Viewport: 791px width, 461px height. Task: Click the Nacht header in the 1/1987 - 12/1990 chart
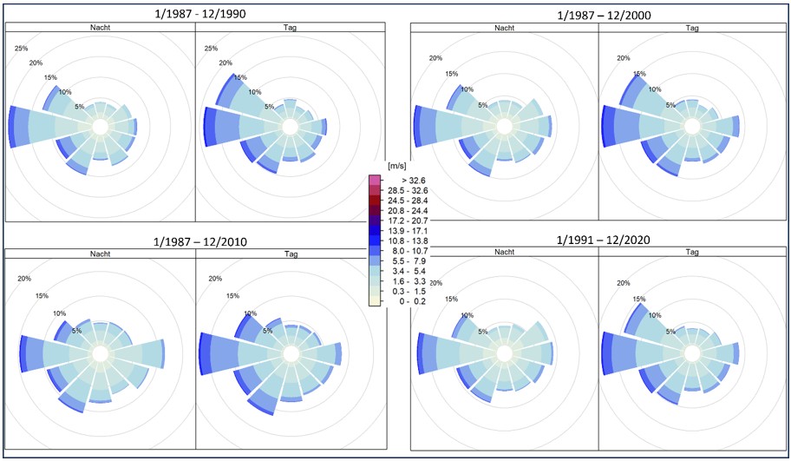99,29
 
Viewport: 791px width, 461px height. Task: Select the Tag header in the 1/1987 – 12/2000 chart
692,29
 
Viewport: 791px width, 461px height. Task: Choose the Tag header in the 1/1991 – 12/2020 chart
692,253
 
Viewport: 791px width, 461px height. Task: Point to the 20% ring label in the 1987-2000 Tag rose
623,58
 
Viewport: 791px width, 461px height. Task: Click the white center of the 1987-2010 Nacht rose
100,353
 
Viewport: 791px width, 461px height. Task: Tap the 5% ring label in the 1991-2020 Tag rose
670,332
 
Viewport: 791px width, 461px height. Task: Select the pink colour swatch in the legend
375,180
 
